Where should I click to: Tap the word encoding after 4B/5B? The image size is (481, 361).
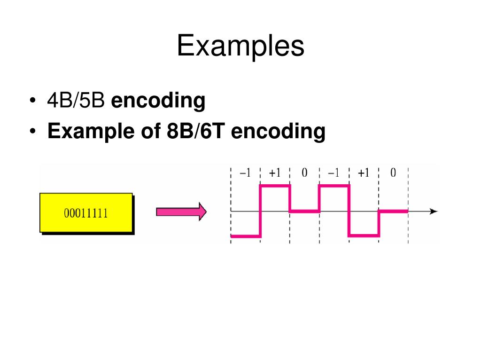click(x=158, y=101)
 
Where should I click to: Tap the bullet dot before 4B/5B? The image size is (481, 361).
click(x=32, y=102)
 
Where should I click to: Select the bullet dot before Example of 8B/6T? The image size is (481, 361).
click(x=32, y=132)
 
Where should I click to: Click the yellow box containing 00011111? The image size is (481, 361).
click(x=86, y=212)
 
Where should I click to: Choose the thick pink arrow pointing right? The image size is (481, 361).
click(x=181, y=212)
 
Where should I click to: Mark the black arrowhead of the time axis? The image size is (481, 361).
click(x=434, y=212)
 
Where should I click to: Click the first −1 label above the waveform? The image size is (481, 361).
click(x=245, y=173)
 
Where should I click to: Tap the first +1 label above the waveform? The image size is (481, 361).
click(x=275, y=173)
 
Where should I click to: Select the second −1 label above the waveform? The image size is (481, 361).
click(x=334, y=173)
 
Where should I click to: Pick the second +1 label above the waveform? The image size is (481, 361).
click(x=364, y=173)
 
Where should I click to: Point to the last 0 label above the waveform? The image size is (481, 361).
click(x=393, y=173)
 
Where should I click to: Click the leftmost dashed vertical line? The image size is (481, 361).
click(x=231, y=207)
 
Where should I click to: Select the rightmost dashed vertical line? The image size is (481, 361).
click(x=408, y=207)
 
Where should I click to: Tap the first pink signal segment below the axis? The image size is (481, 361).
click(x=246, y=236)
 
